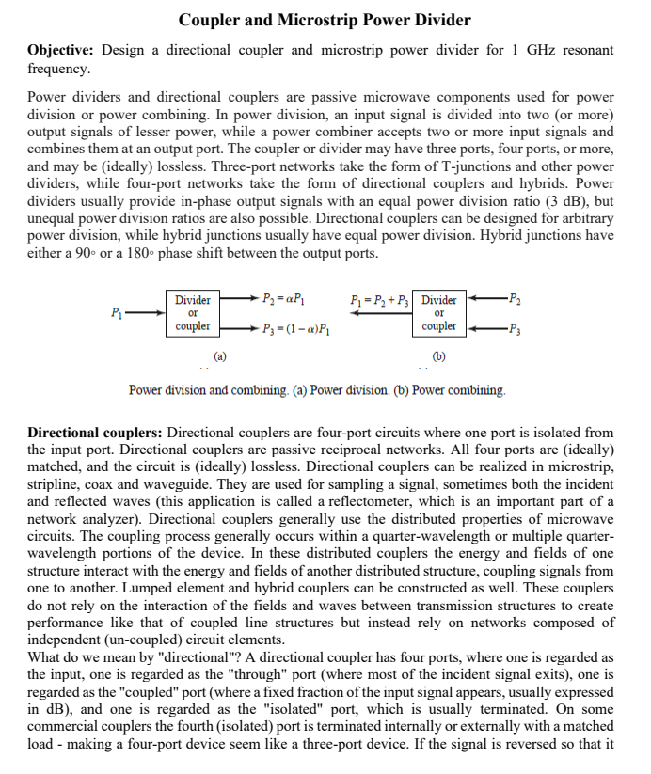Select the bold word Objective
click(61, 50)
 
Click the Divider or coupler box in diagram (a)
click(192, 313)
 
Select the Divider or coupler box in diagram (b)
click(439, 313)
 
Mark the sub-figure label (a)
click(219, 356)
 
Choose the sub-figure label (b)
click(439, 356)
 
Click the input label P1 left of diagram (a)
click(116, 313)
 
